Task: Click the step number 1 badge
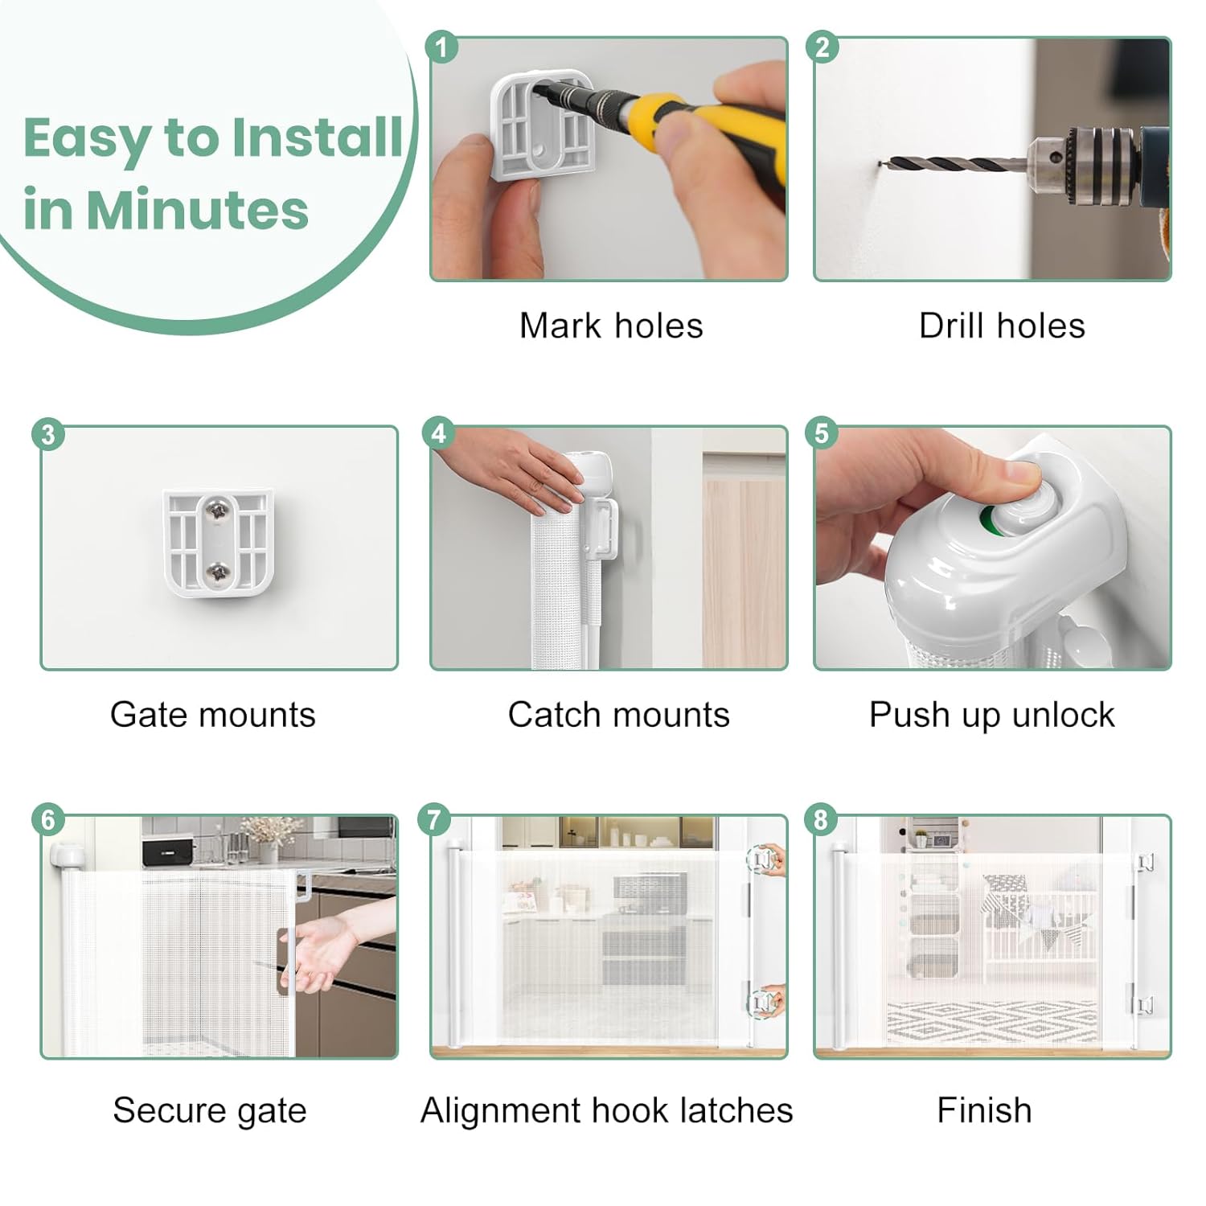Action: coord(441,47)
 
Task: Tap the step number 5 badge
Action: coord(822,434)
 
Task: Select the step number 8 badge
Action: coord(820,820)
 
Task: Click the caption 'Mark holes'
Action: coord(611,326)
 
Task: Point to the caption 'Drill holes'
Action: coord(1002,326)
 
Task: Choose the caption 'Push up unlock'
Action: coord(992,715)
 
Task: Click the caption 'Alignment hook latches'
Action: coord(607,1110)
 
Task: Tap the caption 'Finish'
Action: coord(984,1110)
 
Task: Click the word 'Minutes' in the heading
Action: coord(197,210)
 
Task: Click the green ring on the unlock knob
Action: coord(995,523)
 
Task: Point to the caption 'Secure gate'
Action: coord(210,1110)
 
